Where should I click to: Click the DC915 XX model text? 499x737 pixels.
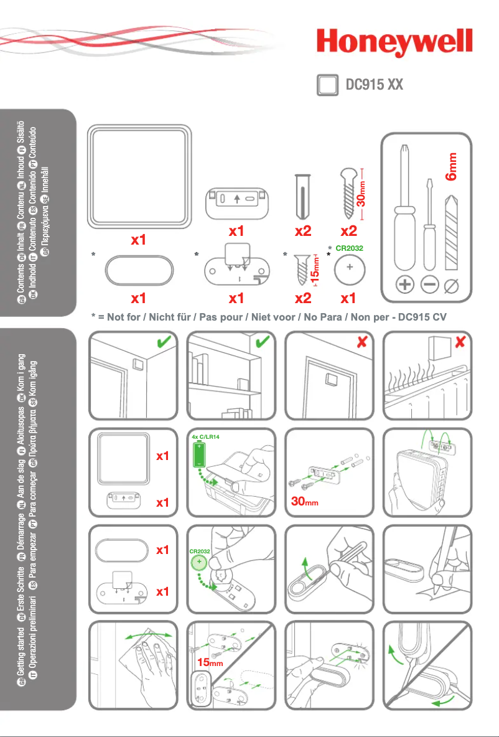[375, 85]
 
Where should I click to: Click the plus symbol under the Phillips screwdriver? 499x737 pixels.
[405, 284]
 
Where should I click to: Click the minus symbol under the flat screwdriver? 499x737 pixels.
[429, 284]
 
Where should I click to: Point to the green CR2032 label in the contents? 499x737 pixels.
[349, 248]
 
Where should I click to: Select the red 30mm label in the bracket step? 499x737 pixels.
[306, 501]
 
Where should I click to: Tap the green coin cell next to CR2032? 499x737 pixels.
[200, 565]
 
